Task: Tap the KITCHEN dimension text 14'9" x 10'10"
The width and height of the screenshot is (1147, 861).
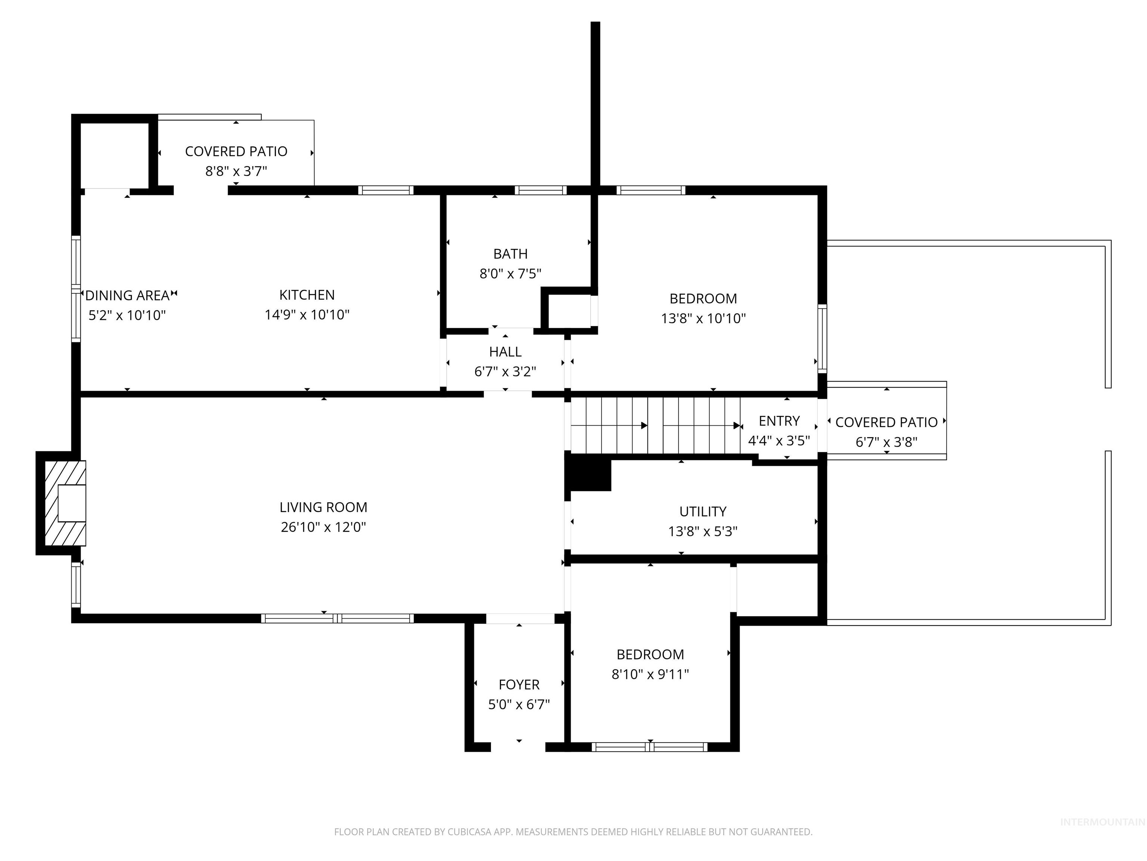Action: [x=307, y=315]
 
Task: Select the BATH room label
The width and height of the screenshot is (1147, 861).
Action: [x=510, y=254]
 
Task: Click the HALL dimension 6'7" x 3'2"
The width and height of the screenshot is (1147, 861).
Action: [x=505, y=371]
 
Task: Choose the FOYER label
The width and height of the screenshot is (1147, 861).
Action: [x=519, y=685]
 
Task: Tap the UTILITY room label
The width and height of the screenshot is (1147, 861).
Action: [x=703, y=511]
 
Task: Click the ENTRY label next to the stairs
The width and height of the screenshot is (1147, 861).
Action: [x=779, y=421]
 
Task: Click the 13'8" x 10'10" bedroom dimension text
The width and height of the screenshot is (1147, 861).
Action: [x=703, y=318]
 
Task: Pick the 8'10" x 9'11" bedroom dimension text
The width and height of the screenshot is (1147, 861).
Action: [x=650, y=674]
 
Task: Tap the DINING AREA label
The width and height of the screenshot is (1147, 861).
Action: [x=128, y=295]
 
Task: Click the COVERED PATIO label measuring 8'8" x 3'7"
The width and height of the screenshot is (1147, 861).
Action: [x=236, y=152]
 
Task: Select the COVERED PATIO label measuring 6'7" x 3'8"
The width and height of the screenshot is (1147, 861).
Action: [x=886, y=422]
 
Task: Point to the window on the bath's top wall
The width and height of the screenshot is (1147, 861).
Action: [x=540, y=190]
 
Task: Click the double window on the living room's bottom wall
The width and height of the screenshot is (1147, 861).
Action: [x=337, y=618]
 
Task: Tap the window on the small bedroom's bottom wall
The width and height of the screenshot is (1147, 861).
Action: [x=650, y=747]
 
